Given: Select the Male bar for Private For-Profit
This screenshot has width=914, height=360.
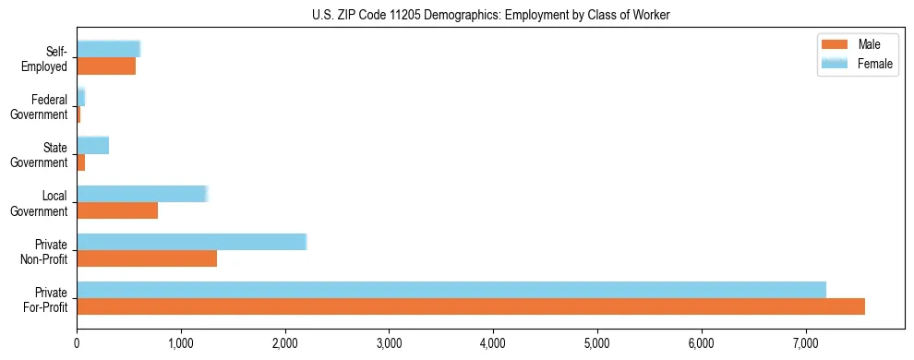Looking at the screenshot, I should coord(471,306).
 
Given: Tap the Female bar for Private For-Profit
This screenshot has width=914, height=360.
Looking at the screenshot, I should coord(451,290).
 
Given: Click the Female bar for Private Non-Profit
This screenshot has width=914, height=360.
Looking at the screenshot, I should coord(191,242).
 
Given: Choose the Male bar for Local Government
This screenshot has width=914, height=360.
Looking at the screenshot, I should coord(117,210).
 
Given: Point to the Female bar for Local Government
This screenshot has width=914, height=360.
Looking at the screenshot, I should coord(142,194).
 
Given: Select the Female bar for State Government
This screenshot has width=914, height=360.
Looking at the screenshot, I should coord(93,145).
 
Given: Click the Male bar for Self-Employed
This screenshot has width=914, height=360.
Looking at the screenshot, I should coord(106,66).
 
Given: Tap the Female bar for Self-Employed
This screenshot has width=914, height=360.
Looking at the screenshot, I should coord(108,49).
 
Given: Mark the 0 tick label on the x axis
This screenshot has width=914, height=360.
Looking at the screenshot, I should coord(77,343).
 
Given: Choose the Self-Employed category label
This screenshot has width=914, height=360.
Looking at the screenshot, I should coord(45,58).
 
